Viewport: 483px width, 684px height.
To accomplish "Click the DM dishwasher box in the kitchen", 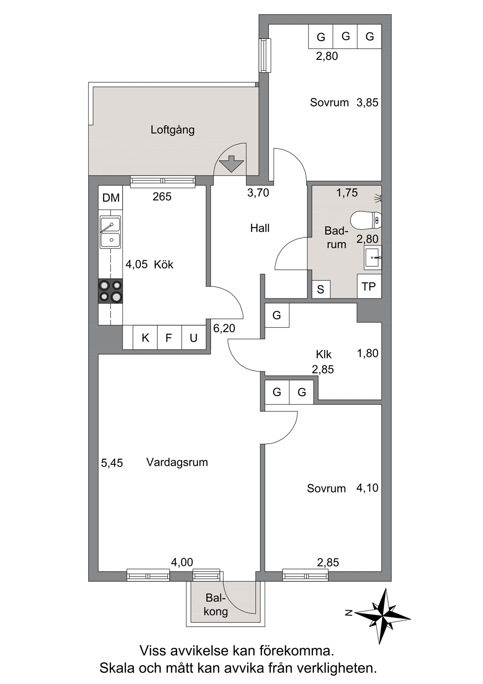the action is (x=111, y=197).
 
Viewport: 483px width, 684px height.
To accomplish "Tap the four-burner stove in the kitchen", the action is (x=111, y=291).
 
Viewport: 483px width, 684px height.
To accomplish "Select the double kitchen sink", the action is (x=111, y=232).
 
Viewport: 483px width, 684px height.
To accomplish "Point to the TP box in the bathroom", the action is (x=369, y=286).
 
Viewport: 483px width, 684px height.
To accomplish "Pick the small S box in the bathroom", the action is (x=321, y=289).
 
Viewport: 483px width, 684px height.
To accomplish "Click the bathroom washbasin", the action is (x=373, y=257).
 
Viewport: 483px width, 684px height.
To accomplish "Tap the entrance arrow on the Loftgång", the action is (x=231, y=164).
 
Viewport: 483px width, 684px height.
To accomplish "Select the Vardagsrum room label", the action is (x=177, y=462).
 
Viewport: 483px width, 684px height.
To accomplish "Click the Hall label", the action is (x=260, y=228).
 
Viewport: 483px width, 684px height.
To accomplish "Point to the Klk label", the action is (x=324, y=354).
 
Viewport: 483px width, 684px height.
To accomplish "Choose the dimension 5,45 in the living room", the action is (x=112, y=463).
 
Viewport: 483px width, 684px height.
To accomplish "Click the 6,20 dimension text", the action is (x=224, y=328).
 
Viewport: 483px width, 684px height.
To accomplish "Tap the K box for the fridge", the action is (x=146, y=338).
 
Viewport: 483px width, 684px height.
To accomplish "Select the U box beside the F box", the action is (x=194, y=338).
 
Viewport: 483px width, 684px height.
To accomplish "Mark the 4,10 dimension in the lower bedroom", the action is (x=367, y=488).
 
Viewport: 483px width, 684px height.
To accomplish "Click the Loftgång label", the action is (x=172, y=130).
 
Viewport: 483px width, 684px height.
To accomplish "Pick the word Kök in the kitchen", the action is (x=163, y=264).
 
